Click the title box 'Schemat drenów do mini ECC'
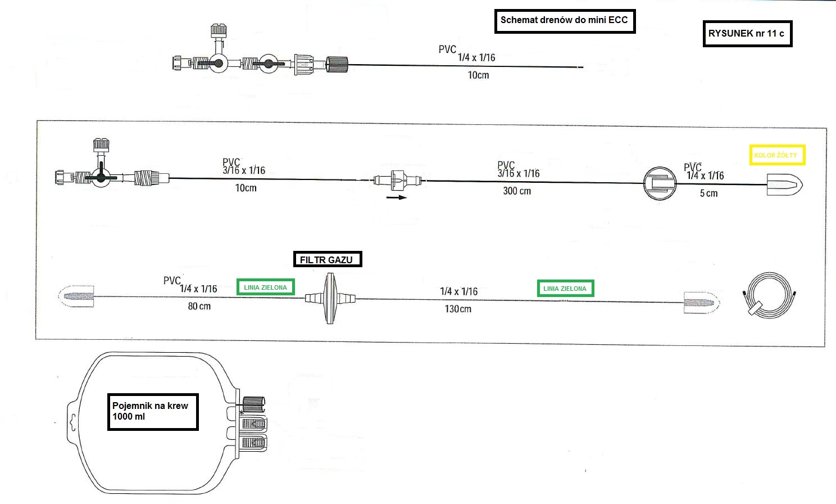565,21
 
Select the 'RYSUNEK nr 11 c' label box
747,34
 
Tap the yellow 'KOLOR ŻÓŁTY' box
777,155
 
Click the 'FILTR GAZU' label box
327,259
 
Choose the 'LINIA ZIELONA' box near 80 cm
265,287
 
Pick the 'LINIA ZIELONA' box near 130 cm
565,289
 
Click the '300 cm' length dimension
517,191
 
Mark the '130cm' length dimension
458,309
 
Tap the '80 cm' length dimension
199,307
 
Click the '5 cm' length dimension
708,193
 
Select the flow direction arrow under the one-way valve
397,197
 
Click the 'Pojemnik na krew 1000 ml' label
152,412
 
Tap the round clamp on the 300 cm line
659,183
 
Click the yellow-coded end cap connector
784,184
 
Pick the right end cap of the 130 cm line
701,303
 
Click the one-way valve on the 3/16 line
397,181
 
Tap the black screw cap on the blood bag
254,402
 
